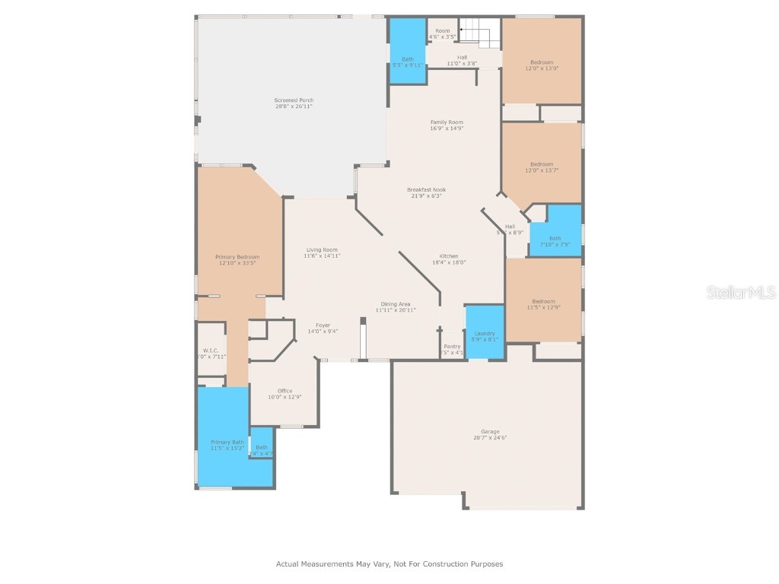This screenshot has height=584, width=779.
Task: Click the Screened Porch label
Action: point(294,103)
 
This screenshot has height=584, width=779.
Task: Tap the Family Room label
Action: point(447,125)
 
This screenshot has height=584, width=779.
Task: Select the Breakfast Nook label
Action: point(426,192)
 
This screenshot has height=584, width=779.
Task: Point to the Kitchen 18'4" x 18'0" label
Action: point(449,259)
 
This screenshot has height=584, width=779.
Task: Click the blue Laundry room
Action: point(485,332)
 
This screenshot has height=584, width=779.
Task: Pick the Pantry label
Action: point(453,349)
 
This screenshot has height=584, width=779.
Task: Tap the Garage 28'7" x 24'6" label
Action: point(490,434)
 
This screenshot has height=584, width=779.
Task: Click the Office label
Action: point(285,394)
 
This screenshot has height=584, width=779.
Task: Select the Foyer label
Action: point(323,328)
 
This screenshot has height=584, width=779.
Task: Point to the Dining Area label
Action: point(396,306)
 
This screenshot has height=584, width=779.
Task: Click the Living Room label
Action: point(322,252)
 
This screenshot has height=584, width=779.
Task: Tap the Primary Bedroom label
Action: point(238,260)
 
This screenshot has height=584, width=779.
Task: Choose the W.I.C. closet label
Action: point(211,354)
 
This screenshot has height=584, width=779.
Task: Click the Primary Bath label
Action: point(227,445)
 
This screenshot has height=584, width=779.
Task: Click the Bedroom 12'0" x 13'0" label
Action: point(542,65)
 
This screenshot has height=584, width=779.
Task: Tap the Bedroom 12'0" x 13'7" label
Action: point(542,167)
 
